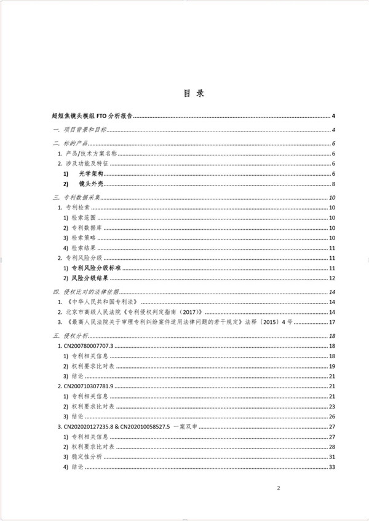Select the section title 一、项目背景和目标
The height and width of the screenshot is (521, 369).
point(80,130)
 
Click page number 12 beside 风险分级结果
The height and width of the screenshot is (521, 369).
point(331,278)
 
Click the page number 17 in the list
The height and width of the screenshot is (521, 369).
point(331,322)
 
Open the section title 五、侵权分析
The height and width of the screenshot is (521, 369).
point(71,336)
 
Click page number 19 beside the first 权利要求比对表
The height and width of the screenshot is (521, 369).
point(331,366)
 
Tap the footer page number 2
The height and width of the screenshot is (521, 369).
point(279,488)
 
